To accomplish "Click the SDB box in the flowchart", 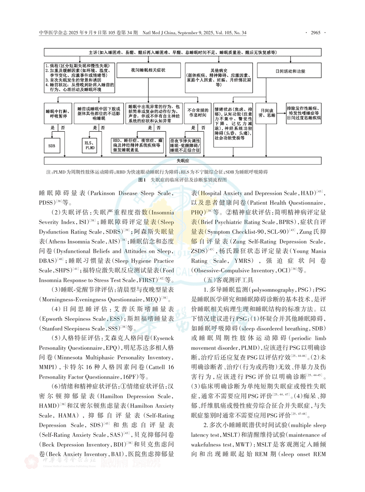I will (52, 146).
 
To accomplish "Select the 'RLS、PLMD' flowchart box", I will (90, 146).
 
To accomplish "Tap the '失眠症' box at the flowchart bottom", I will (183, 161).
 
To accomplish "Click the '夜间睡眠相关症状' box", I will (148, 70).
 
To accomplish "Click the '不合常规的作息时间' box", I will (198, 113).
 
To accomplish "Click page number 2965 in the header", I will (316, 33).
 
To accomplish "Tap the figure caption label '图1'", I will (142, 180).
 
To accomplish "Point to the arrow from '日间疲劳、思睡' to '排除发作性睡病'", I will (281, 113).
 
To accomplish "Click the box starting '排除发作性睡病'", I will (304, 113).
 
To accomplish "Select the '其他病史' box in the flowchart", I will (219, 78).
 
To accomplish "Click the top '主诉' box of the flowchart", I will (183, 52).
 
